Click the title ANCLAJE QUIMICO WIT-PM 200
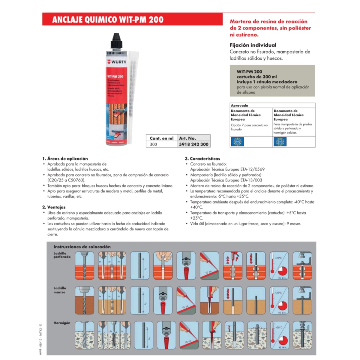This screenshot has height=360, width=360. tap(108, 20)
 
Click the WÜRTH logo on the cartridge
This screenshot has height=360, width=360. tap(117, 62)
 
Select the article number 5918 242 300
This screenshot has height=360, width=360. tap(193, 144)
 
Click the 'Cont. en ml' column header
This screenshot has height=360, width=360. tap(161, 138)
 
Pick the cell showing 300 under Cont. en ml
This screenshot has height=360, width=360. tap(153, 144)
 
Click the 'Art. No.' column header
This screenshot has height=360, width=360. tap(187, 138)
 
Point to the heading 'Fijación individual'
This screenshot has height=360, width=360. tap(253, 45)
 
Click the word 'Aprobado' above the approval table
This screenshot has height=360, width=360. tap(239, 106)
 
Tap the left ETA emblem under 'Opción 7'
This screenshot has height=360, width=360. tap(238, 142)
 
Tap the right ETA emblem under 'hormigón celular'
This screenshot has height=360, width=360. tap(280, 142)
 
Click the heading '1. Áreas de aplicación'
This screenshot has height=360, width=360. tap(65, 158)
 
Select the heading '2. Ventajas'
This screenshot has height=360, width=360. tap(54, 207)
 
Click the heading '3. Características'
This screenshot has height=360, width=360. tap(202, 158)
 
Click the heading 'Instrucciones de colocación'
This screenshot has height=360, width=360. tap(82, 247)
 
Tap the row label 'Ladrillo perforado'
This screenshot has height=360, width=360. tap(62, 255)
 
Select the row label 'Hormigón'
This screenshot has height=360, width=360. tap(62, 323)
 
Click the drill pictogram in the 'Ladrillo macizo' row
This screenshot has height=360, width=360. tap(84, 300)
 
